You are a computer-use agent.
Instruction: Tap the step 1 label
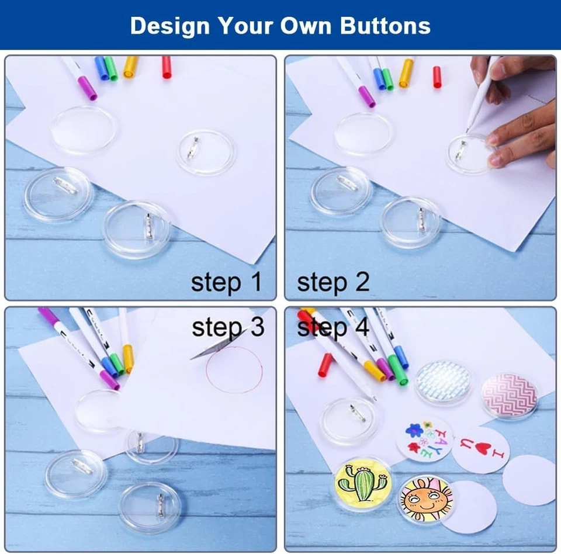coord(226,282)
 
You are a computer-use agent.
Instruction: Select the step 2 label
coord(333,282)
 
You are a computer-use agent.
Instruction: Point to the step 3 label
coord(228,328)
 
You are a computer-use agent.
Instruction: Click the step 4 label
coord(333,328)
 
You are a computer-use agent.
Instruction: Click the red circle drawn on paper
coord(234,369)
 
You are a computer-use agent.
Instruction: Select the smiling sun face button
coord(425,498)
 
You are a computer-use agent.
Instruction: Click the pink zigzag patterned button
coord(508,395)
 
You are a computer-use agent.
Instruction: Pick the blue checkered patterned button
coord(443,381)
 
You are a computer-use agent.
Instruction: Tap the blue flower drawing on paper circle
coord(414,431)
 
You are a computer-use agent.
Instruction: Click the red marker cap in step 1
coord(167,67)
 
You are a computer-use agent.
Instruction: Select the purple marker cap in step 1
coord(88,88)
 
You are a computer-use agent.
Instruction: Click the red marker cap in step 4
coord(325,365)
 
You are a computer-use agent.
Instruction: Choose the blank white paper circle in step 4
coord(529,480)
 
